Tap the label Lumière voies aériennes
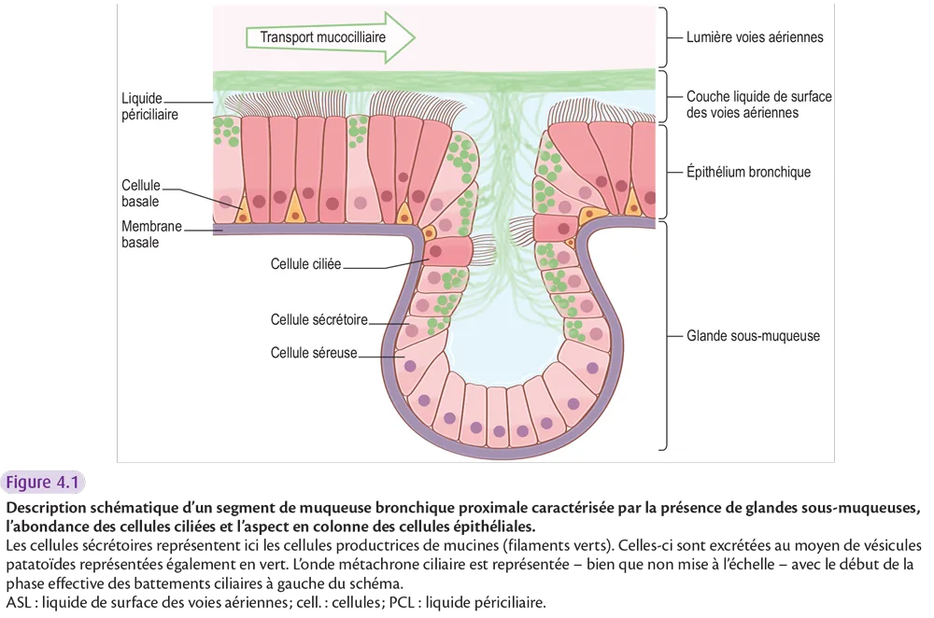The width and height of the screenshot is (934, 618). pos(754,38)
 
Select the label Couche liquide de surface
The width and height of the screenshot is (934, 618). pos(758,104)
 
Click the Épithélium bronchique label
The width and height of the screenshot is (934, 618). pos(748,172)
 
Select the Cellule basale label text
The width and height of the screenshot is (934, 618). pos(141,193)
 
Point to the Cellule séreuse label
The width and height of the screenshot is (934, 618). pos(314,353)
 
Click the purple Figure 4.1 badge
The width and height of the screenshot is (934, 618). pos(45,483)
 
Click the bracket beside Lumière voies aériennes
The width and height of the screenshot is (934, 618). pos(666,38)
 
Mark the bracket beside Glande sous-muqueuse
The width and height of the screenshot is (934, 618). pos(666,335)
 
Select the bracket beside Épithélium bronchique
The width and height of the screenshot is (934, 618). pos(666,172)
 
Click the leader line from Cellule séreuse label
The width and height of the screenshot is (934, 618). pos(380,354)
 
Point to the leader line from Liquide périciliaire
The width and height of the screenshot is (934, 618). pos(201,103)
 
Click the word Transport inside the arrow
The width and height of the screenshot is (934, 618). pos(285,38)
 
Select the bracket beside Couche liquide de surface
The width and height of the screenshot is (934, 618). pos(666,97)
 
